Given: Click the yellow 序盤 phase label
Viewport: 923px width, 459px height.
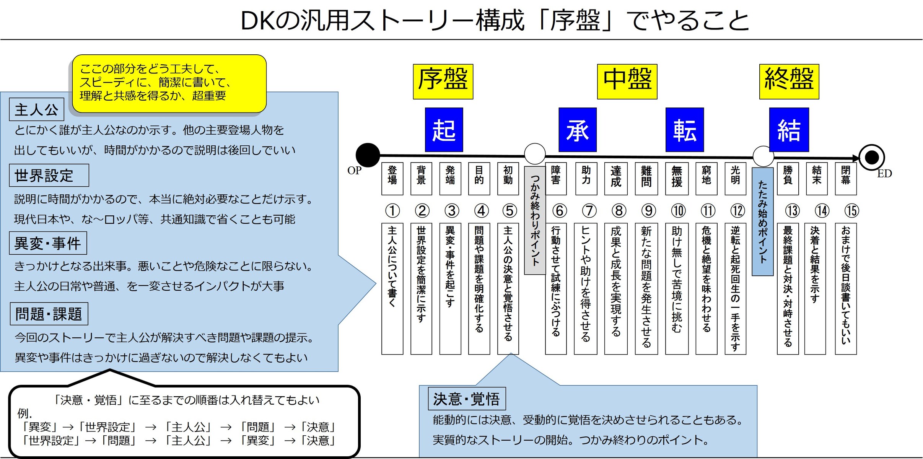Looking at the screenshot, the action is click(x=443, y=81).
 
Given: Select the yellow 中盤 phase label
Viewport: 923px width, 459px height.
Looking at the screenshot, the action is click(x=627, y=81).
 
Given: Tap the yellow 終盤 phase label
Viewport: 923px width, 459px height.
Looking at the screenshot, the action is click(x=789, y=81).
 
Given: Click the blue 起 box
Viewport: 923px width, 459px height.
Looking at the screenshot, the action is click(x=444, y=130).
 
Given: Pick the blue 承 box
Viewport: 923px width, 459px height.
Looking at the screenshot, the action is click(x=578, y=130).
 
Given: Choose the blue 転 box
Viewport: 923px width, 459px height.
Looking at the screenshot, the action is click(x=685, y=130).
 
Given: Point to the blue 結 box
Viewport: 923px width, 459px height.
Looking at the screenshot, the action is click(x=789, y=130).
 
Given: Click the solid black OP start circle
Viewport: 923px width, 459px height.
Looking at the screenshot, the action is click(x=368, y=155).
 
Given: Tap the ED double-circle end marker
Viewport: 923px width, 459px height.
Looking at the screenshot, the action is click(x=872, y=157).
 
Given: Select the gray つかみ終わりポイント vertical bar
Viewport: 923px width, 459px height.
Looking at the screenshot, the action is click(x=535, y=220).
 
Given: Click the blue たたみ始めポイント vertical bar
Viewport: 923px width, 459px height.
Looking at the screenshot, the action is click(x=763, y=222).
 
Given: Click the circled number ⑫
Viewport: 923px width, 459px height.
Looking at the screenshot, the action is click(x=737, y=210).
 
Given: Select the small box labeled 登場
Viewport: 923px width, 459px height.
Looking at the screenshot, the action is click(x=392, y=179).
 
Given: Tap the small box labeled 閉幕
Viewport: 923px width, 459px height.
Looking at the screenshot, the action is click(x=846, y=179).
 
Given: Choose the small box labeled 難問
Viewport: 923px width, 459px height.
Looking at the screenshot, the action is click(x=646, y=179).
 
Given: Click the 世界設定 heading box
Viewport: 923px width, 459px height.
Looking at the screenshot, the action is click(x=49, y=176).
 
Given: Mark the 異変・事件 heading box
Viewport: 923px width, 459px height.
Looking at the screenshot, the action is click(x=48, y=243).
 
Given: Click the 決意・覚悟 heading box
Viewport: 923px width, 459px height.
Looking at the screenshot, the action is click(x=467, y=399).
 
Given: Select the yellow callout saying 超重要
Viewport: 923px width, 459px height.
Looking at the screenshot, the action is click(x=169, y=83).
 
